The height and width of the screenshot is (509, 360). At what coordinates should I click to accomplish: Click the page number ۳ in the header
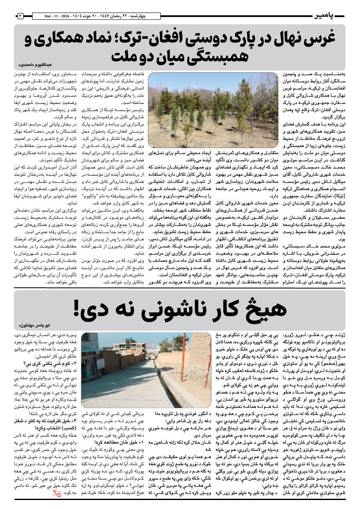(20, 16)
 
